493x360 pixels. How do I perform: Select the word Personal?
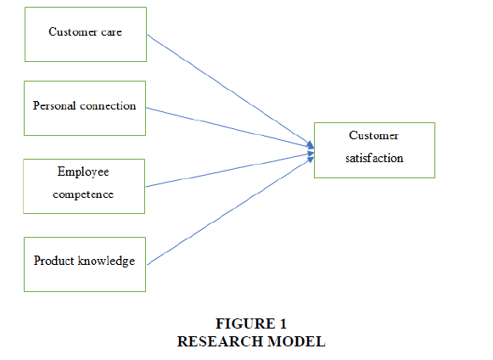coord(54,106)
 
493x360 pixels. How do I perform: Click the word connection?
coord(108,106)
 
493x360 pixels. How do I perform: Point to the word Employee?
coord(83,172)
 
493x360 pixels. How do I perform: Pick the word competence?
coord(83,194)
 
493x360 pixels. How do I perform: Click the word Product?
coord(53,261)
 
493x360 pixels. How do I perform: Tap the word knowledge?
coord(106,262)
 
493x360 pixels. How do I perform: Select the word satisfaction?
coord(374,158)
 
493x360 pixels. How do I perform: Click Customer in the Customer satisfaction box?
coord(373,136)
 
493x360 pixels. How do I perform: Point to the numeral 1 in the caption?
coord(283,323)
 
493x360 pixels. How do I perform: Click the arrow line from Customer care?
coord(231,91)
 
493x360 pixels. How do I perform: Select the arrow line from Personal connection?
coord(230,127)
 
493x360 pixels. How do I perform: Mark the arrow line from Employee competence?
coord(230,170)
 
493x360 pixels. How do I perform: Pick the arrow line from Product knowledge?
coord(231,211)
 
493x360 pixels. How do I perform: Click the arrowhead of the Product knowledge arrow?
coord(311,160)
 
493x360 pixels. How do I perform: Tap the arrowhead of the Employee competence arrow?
coord(311,154)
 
